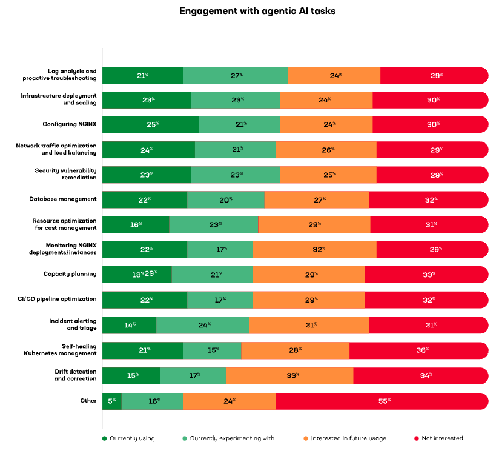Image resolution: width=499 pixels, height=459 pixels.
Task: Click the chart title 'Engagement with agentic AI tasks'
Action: tap(249, 11)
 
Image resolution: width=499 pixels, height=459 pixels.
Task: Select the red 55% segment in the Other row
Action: tap(382, 401)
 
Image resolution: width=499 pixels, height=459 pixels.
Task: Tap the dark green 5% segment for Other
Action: tap(111, 401)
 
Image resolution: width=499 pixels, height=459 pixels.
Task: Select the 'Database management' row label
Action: tap(63, 199)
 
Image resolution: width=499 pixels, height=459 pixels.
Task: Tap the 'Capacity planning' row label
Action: tap(70, 274)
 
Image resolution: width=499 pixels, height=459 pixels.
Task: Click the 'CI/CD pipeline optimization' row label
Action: tap(64, 299)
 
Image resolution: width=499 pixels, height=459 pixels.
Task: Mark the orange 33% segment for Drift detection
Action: tap(289, 376)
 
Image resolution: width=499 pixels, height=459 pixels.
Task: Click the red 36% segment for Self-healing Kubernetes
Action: tap(418, 350)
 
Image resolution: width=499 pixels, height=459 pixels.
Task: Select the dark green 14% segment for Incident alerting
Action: tap(129, 325)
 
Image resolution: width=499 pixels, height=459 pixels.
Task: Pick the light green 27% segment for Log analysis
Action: tap(236, 75)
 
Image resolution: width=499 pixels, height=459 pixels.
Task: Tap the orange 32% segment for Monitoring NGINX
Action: tap(314, 249)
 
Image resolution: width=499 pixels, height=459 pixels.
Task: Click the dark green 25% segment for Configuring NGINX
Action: tap(150, 124)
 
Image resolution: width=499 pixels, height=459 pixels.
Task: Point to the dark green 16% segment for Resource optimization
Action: tap(136, 224)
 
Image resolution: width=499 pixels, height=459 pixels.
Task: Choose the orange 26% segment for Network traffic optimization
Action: tap(326, 150)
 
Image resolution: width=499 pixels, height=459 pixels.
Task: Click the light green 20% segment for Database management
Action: tap(225, 199)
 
